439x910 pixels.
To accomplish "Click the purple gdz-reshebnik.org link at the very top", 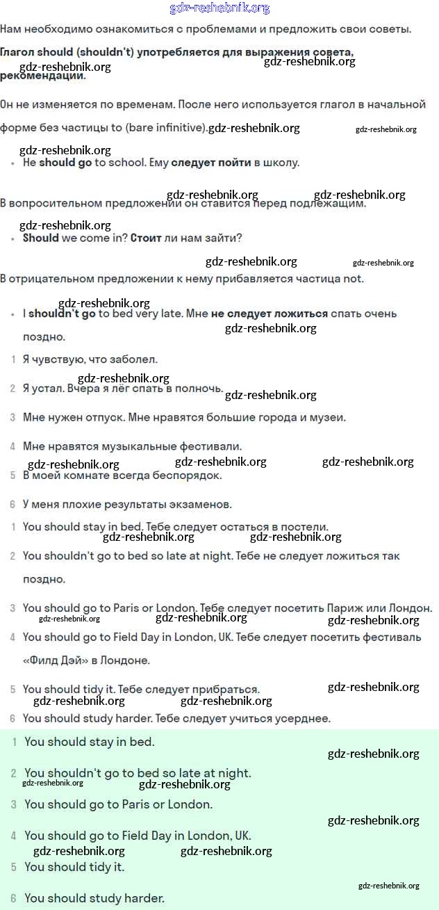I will click(219, 8).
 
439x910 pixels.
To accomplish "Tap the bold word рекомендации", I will click(42, 75).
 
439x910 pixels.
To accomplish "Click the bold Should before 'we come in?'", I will click(41, 238).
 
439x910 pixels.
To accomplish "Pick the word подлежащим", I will click(329, 204).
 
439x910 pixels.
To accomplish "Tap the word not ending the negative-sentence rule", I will click(353, 279).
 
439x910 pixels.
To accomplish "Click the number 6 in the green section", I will click(13, 898).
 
